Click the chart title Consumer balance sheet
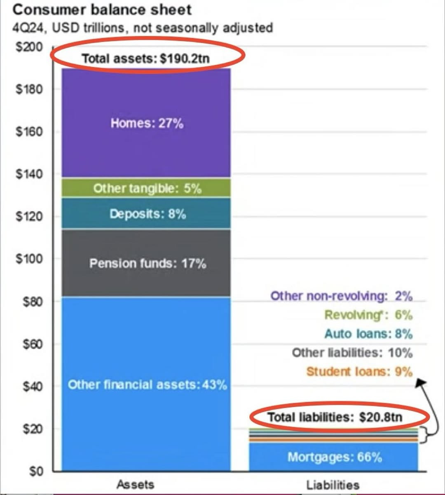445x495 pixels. pos(102,9)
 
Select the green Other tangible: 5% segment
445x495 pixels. pos(147,189)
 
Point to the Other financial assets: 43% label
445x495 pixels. pos(147,385)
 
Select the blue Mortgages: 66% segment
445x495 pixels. pos(334,457)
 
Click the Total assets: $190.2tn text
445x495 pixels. pos(145,58)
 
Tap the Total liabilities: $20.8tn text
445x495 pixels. pos(335,417)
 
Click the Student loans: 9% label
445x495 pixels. pos(359,372)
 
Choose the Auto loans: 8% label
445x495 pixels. pos(368,333)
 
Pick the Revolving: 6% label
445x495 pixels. pos(368,315)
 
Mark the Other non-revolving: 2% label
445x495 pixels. pos(341,296)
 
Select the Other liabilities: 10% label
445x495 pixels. pos(352,353)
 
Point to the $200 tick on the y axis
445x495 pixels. pos(29,47)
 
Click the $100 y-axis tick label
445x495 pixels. pos(29,259)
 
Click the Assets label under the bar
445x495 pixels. pos(135,484)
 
